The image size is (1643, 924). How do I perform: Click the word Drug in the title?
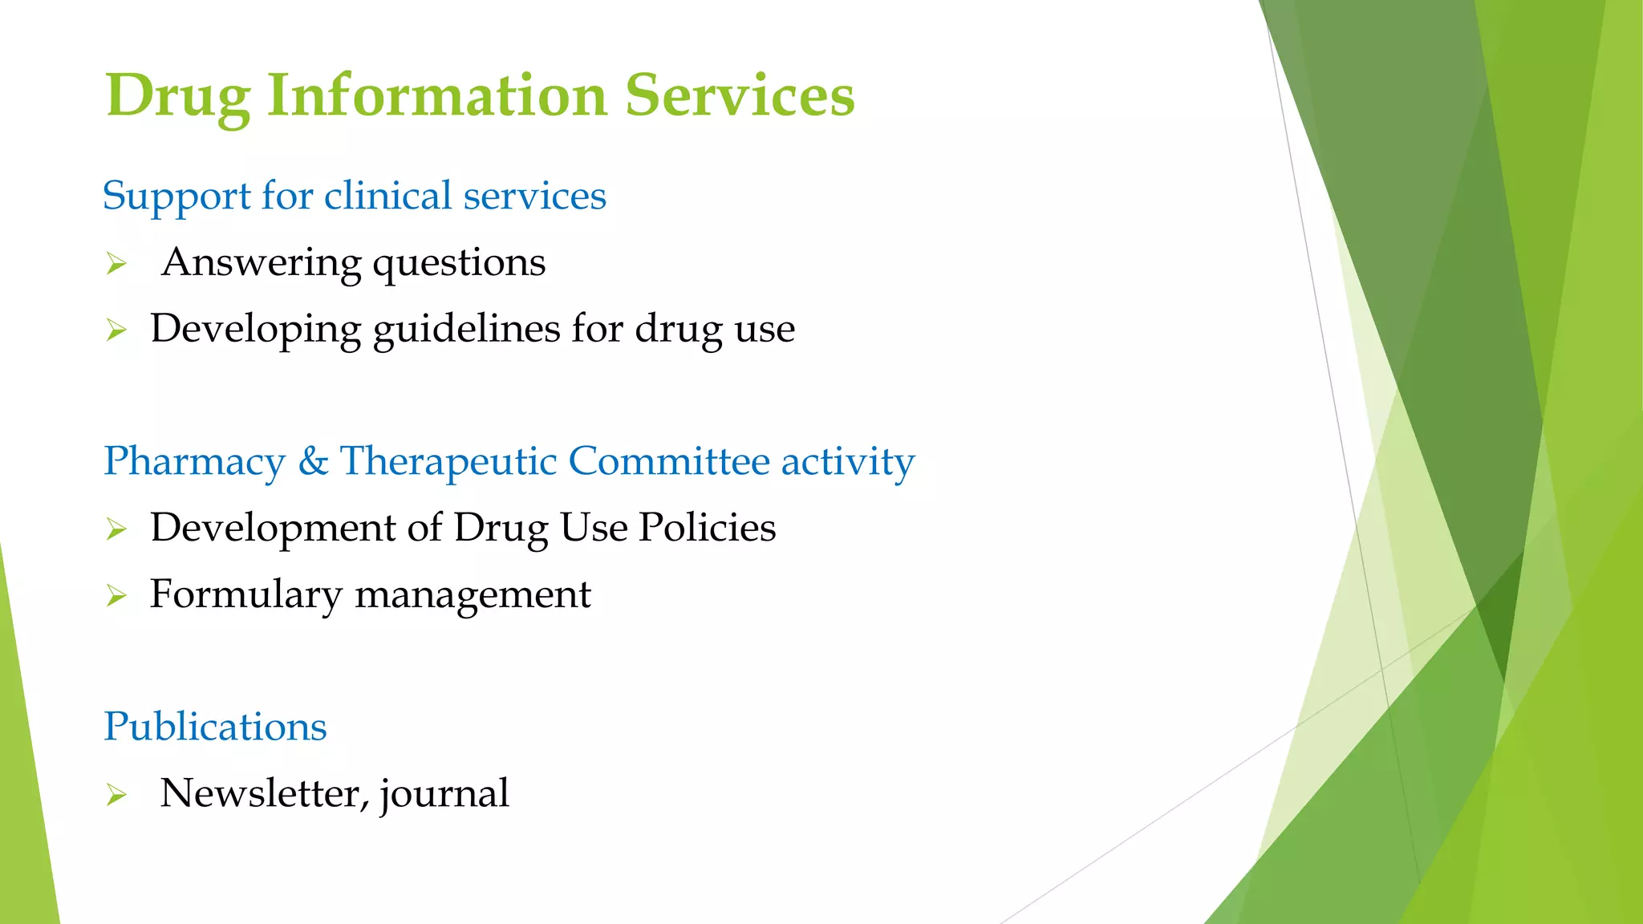[177, 96]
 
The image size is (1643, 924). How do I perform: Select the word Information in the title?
[437, 95]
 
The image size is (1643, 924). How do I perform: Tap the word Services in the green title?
[740, 95]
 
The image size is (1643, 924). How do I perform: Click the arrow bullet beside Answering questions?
[116, 263]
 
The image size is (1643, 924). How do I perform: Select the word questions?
[459, 263]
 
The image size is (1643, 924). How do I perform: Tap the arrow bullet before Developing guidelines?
[116, 330]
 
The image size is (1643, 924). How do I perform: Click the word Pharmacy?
[195, 461]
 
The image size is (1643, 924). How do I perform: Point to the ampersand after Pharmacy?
[313, 461]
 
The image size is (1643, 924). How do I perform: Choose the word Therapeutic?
[448, 461]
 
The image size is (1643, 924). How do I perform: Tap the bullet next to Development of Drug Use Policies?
[116, 529]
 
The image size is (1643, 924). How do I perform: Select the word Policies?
[708, 528]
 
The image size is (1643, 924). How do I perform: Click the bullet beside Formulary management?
[116, 595]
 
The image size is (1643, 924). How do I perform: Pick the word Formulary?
[246, 595]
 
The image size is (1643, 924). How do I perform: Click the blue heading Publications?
[215, 727]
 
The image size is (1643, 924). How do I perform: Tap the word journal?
[444, 794]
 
